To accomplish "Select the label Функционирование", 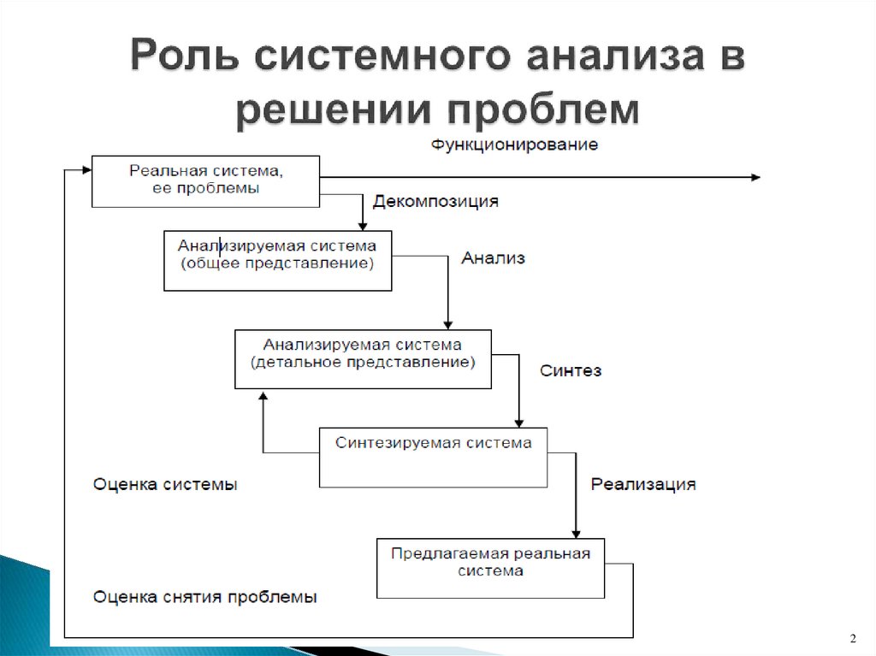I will [513, 144].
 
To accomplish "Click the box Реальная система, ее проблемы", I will [205, 180].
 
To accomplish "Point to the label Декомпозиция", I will [435, 202].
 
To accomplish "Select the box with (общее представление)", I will [277, 260].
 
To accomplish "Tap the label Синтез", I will [571, 370].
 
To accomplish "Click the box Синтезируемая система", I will [433, 458].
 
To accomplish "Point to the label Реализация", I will [642, 484].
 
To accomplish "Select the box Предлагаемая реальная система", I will [490, 568].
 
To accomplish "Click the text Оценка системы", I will [165, 484].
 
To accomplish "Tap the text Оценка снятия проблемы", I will [205, 596].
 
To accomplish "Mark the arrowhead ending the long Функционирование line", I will [754, 177].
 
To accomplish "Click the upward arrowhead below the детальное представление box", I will [263, 399].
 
